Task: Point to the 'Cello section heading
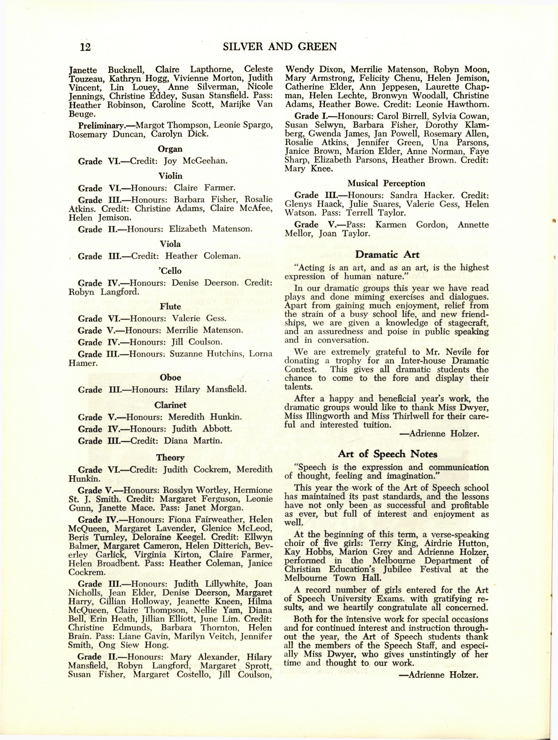[x=171, y=271]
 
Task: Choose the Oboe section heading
[x=171, y=377]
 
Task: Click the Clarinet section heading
[x=170, y=405]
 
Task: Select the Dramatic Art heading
[x=387, y=254]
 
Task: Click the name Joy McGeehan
[x=196, y=161]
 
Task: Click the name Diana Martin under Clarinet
[x=193, y=441]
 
